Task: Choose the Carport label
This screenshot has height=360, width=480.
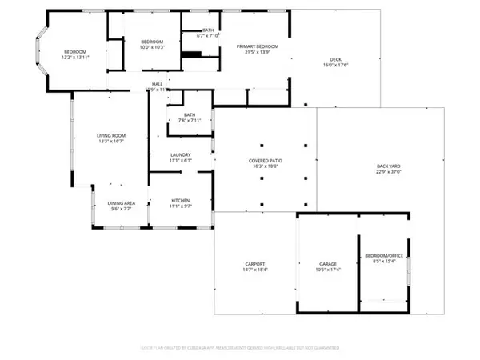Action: coord(255,263)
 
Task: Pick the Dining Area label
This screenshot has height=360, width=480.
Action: coord(122,203)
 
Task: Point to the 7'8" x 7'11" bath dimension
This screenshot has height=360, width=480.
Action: coord(189,121)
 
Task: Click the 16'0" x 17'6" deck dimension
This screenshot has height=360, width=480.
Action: coord(336,67)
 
